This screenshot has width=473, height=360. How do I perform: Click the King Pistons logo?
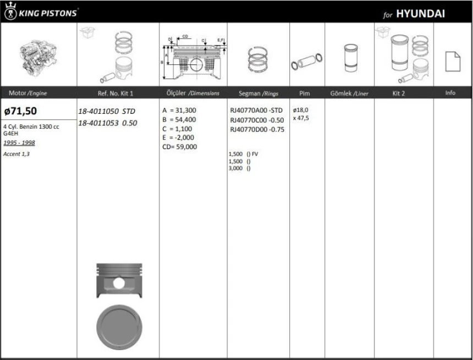[41, 12]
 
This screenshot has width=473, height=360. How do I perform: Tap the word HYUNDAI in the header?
[421, 14]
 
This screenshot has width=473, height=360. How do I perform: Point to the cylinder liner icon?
[349, 58]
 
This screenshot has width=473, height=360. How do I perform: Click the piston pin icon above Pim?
[306, 61]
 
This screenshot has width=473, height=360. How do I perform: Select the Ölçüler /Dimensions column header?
[193, 93]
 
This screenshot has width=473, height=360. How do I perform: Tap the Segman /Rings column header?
[258, 93]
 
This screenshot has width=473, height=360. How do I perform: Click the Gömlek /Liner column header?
[349, 93]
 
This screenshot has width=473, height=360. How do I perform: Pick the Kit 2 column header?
[399, 93]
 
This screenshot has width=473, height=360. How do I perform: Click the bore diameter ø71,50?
[21, 111]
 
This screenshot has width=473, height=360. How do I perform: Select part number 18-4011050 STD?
[106, 111]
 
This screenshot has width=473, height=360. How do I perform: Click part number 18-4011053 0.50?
[107, 123]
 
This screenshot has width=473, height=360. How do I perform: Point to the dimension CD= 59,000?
[180, 147]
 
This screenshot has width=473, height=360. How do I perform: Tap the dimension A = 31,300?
[179, 110]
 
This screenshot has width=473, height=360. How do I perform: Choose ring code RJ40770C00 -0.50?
[256, 120]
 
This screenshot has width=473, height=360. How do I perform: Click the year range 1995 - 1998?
[19, 142]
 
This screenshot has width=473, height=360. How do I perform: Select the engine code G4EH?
[11, 133]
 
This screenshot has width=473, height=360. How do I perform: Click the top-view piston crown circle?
[119, 326]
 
